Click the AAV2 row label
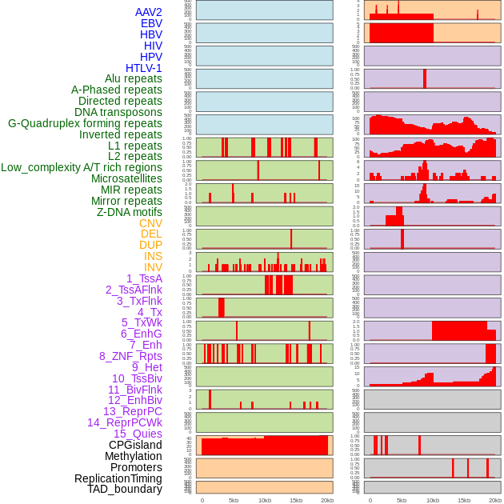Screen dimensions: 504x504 pyautogui.click(x=149, y=12)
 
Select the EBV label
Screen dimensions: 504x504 pyautogui.click(x=151, y=23)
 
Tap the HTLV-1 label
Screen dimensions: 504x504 pyautogui.click(x=144, y=68)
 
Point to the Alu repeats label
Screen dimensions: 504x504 pyautogui.click(x=134, y=78)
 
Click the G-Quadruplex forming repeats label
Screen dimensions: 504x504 pyautogui.click(x=85, y=123)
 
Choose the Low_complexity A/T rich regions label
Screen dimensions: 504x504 pyautogui.click(x=82, y=167)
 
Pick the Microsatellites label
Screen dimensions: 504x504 pyautogui.click(x=126, y=178)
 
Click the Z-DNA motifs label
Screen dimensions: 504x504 pyautogui.click(x=130, y=212)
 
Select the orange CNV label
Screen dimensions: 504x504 pyautogui.click(x=150, y=223)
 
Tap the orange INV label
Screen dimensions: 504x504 pyautogui.click(x=153, y=267)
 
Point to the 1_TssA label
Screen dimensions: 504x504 pyautogui.click(x=144, y=278)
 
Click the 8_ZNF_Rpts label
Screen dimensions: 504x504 pyautogui.click(x=130, y=356)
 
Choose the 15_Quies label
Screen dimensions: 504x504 pyautogui.click(x=137, y=434)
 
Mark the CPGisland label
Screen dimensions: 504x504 pyautogui.click(x=135, y=445)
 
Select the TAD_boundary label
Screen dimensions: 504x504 pyautogui.click(x=125, y=489)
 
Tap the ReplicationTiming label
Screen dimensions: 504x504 pyautogui.click(x=118, y=478)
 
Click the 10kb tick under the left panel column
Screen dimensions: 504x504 pyautogui.click(x=265, y=500)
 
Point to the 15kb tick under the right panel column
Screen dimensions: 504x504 pyautogui.click(x=464, y=500)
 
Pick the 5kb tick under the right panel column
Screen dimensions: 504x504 pyautogui.click(x=402, y=500)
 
